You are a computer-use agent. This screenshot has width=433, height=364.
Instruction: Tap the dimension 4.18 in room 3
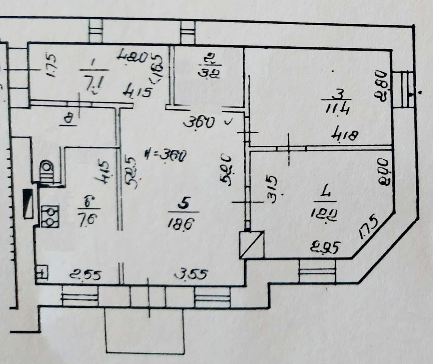click(344, 134)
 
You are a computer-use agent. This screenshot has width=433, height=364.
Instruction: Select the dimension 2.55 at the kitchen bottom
click(85, 276)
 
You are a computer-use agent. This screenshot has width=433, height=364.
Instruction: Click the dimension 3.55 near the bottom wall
click(191, 275)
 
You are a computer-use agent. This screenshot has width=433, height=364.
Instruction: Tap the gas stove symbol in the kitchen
click(50, 216)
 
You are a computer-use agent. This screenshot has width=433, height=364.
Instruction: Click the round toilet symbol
click(46, 169)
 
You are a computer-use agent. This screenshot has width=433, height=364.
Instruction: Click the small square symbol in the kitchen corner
click(42, 273)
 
